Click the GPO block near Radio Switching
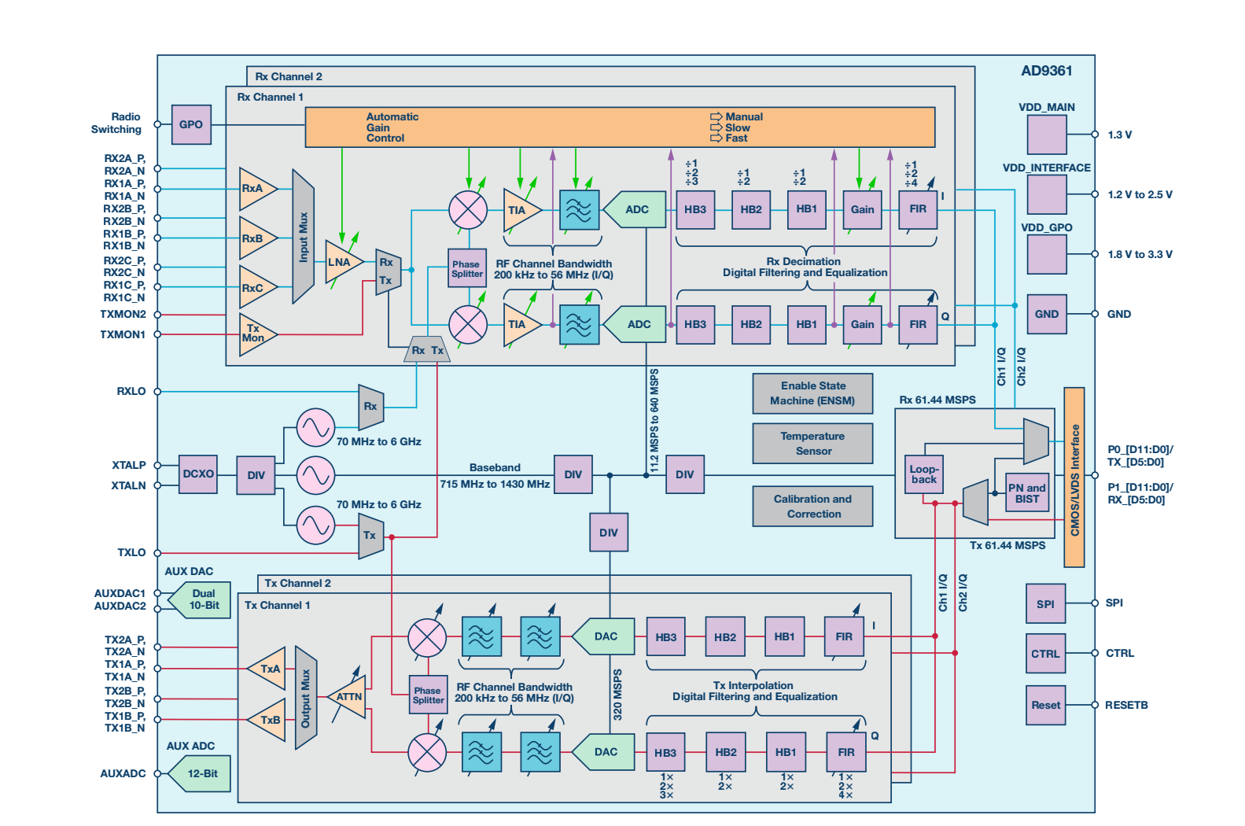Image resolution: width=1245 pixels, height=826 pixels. pos(191,124)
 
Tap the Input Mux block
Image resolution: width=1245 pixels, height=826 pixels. pos(303,237)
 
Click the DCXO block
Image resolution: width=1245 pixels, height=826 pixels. pos(198,474)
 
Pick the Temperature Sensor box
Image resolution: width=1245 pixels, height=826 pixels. pos(812,444)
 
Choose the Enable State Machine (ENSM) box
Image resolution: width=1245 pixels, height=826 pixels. pos(812,393)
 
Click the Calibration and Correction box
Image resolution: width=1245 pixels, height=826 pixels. pos(812,507)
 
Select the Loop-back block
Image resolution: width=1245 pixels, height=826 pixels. pos(924,474)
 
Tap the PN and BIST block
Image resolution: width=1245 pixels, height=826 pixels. pos(1027,493)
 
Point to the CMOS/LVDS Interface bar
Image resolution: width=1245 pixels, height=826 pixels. pos(1074,477)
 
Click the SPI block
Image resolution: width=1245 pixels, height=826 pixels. pos(1045,604)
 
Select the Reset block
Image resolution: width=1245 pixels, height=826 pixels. pos(1045,705)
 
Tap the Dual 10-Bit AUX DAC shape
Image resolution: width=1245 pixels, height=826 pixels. pos(202,599)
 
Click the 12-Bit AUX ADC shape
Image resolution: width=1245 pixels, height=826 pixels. pos(202,773)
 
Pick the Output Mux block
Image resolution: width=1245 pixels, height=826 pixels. pos(306,698)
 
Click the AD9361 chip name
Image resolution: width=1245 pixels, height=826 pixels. pos(1046,71)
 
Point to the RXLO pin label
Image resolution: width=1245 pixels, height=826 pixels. pos(131,391)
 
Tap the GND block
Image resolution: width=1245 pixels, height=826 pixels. pos(1046,314)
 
